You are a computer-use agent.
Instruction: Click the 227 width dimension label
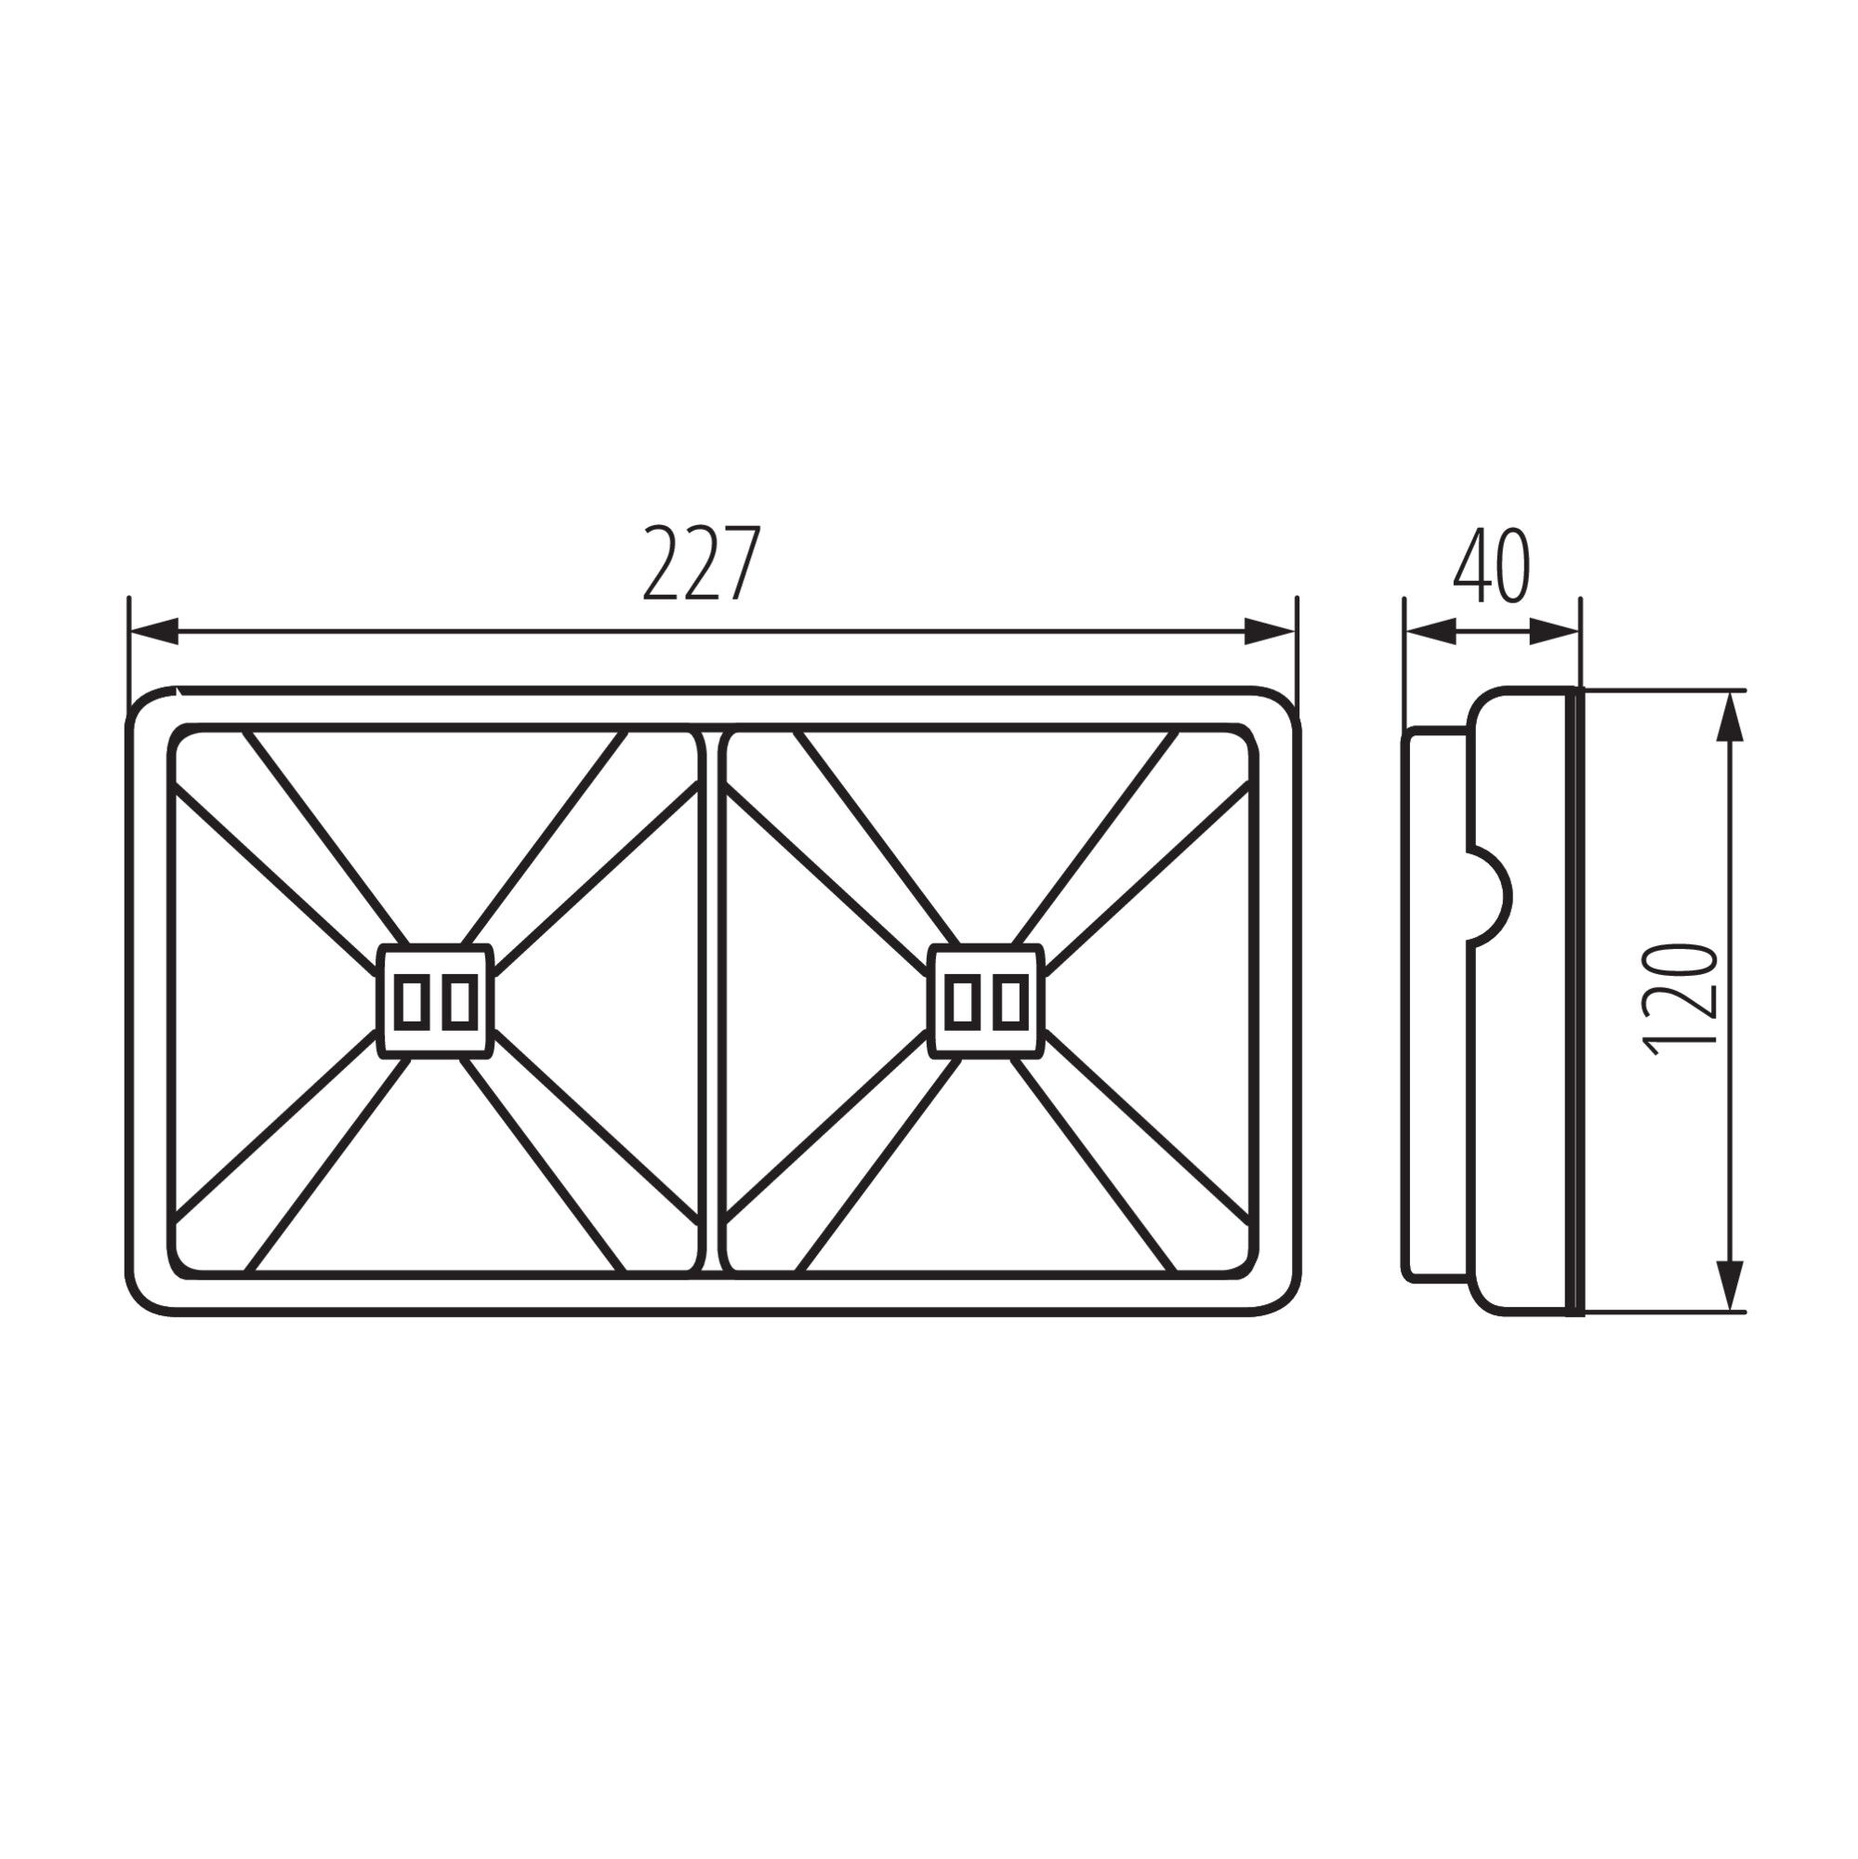click(x=702, y=564)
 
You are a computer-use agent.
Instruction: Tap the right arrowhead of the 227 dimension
click(x=1270, y=631)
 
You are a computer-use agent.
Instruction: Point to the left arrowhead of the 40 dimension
click(x=1430, y=631)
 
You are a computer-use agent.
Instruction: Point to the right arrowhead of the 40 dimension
click(x=1554, y=631)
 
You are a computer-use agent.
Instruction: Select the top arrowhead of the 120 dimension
click(x=1730, y=718)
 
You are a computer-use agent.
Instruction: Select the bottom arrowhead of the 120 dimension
click(x=1730, y=1285)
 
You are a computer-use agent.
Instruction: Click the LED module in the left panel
click(x=435, y=1002)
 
